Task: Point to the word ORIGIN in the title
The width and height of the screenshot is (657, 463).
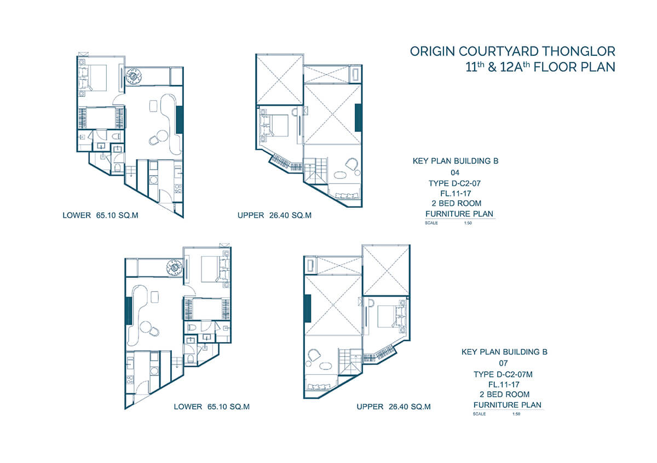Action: click(433, 51)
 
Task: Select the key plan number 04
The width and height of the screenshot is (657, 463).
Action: click(455, 173)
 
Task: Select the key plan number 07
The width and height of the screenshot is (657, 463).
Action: click(503, 363)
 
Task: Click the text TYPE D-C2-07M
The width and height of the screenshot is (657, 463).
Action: click(503, 374)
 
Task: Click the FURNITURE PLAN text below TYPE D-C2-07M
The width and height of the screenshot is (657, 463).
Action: click(508, 405)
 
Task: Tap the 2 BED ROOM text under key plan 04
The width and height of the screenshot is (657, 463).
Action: click(457, 203)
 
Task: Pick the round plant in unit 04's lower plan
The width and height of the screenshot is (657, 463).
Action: click(133, 76)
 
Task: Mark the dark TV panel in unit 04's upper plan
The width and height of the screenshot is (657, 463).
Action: click(358, 118)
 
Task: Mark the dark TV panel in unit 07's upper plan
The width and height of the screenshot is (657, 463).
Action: click(308, 309)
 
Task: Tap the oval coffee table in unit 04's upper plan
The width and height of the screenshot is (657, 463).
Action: click(341, 175)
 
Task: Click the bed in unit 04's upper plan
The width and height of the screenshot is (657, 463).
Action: click(274, 125)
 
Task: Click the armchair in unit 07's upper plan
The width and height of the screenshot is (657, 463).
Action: click(314, 355)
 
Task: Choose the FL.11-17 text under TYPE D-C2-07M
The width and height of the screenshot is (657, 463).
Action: click(504, 384)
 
